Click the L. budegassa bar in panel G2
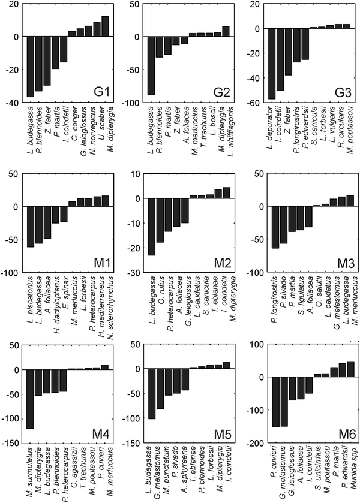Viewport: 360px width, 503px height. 151,65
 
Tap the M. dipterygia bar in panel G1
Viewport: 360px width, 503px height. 105,26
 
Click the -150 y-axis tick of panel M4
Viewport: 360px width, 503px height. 12,443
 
